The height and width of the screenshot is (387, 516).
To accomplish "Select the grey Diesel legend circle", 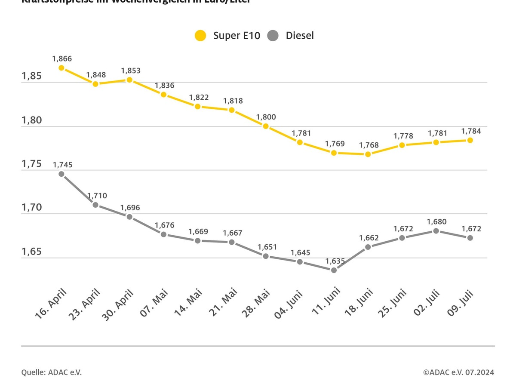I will coord(273,35).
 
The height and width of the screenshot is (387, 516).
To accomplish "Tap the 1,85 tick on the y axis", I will coord(31,76).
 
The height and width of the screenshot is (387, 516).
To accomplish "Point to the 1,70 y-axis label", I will coord(31,208).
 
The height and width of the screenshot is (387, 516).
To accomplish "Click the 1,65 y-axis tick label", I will coord(31,252).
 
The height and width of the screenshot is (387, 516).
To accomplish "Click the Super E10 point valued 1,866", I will coord(61,68).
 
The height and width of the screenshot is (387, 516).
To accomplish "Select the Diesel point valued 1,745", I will coord(61,174).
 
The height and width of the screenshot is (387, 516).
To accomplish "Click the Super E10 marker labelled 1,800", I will coord(266,126).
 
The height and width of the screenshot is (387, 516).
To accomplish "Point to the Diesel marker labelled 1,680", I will coord(436,231).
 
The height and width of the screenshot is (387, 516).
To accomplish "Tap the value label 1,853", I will coord(131,71).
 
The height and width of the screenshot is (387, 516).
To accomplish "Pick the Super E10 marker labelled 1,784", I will coord(470,140).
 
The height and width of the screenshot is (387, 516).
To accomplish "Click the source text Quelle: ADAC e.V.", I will coord(52,372).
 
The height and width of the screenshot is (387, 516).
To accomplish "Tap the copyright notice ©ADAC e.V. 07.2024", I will coord(458,372).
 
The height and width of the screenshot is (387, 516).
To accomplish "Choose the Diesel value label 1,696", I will coord(130,208).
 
